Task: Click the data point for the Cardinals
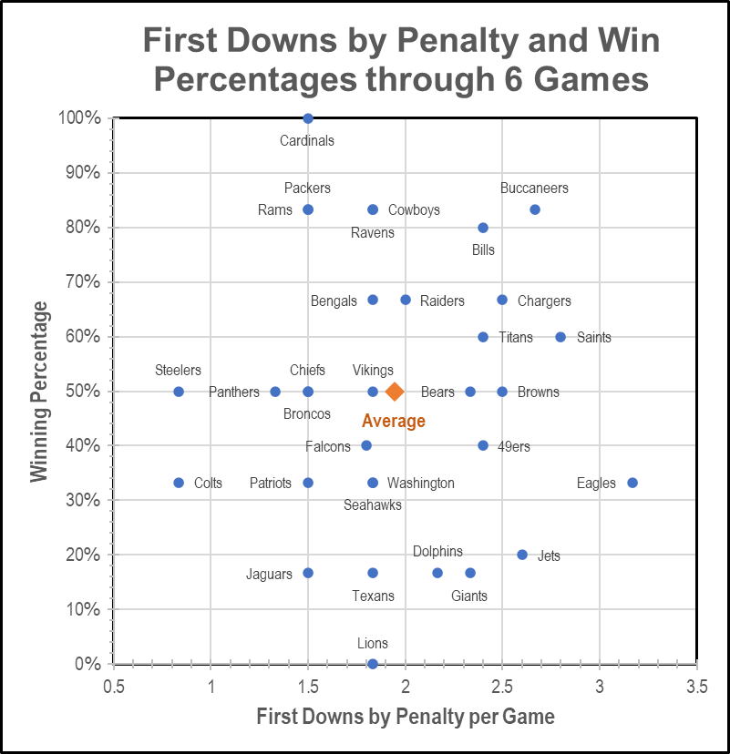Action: [308, 118]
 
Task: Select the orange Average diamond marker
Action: [395, 392]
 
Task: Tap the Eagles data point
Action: [632, 483]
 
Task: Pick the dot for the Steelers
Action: [179, 392]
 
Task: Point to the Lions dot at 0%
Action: [373, 664]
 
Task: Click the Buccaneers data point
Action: [535, 209]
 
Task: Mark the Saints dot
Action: [560, 337]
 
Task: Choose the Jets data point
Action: [522, 555]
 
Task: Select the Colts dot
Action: [179, 483]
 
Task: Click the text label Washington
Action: [421, 483]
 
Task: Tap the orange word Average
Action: [394, 421]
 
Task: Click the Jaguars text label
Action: [270, 574]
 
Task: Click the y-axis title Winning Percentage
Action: [39, 392]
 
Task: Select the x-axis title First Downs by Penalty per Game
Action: [406, 717]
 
